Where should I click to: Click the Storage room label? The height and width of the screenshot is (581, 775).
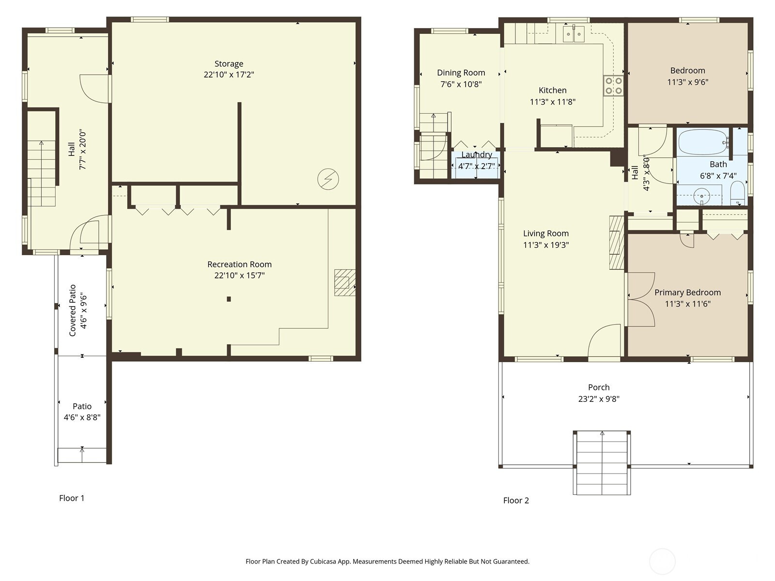[229, 64]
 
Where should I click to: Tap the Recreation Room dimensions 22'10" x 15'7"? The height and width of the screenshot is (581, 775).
[239, 275]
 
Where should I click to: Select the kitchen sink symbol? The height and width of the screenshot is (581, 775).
[573, 34]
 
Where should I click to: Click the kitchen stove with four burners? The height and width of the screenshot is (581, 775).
[613, 86]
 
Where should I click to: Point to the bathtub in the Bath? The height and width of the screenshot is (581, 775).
[703, 142]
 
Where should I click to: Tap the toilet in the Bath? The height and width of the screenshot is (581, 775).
[737, 193]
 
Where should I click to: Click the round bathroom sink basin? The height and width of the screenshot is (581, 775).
[701, 196]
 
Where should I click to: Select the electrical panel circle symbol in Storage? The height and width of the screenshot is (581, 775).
[328, 179]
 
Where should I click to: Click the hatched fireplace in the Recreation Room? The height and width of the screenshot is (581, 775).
[344, 283]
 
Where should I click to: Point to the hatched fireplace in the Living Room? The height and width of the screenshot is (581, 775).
[617, 243]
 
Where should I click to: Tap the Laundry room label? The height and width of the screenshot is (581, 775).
[477, 155]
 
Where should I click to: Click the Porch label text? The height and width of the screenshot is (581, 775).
[599, 387]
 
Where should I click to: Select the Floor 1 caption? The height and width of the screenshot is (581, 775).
[72, 498]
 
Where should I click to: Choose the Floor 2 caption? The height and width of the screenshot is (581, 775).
[516, 501]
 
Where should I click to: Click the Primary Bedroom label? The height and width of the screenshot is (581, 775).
[687, 292]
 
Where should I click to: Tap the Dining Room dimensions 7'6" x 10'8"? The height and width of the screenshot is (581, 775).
[461, 84]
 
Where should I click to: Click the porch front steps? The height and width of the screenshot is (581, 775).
[602, 462]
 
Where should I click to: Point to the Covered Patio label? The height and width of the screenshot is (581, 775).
[72, 310]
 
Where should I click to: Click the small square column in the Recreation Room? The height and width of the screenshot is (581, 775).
[229, 299]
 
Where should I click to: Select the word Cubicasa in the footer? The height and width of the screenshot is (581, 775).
[323, 562]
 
